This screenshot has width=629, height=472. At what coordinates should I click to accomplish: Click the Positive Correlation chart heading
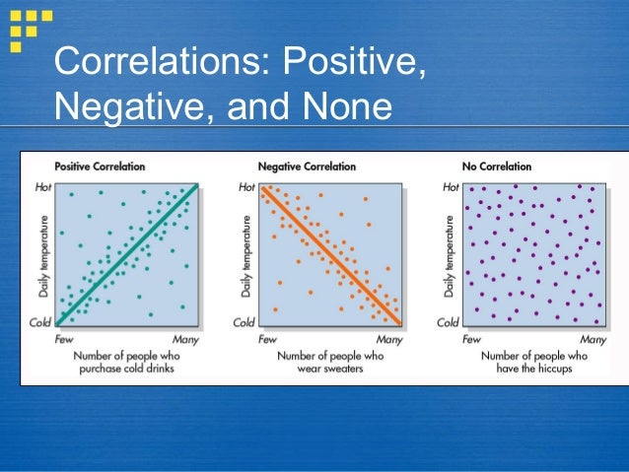click(100, 167)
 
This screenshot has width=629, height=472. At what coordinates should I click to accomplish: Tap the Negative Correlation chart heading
click(307, 167)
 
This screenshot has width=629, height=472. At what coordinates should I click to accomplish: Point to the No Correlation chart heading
click(496, 167)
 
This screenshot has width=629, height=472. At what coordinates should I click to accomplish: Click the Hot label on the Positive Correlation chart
click(42, 186)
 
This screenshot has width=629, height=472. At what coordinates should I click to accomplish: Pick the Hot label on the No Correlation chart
click(451, 186)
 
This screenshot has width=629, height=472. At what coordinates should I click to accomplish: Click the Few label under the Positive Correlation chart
click(64, 339)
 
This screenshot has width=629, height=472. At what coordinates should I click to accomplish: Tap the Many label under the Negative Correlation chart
click(389, 339)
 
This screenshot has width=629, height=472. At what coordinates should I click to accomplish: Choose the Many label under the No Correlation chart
click(593, 339)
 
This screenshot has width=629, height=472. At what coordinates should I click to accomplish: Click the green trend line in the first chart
click(128, 253)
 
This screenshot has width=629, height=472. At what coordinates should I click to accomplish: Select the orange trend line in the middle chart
click(330, 253)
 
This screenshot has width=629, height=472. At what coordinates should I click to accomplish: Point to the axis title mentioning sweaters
click(330, 362)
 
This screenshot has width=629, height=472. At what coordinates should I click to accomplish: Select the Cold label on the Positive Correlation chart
click(41, 322)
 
